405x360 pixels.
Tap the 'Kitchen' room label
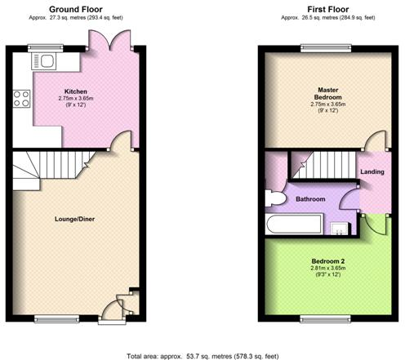coord(76,91)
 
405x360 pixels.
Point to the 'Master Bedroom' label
coord(327,92)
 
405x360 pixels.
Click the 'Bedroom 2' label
coord(327,260)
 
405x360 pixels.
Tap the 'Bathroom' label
coord(311,199)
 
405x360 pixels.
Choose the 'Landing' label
coord(372,172)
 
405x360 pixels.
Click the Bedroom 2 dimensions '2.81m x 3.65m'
coord(327,269)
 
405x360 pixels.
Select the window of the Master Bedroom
coord(327,47)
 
